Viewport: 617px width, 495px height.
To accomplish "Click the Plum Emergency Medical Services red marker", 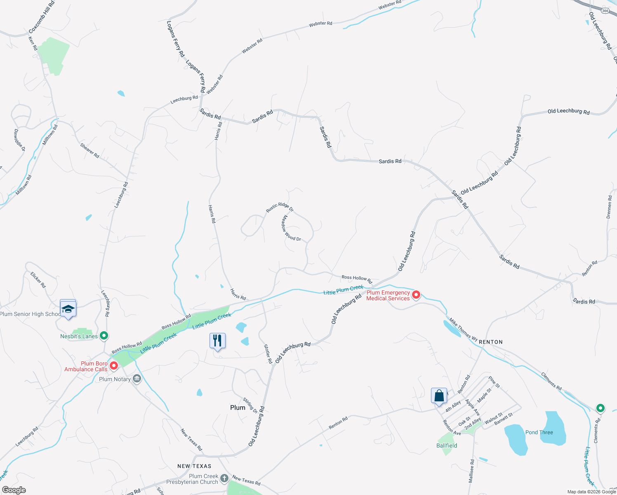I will click(x=416, y=295).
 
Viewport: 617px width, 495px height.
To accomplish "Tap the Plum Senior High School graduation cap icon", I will click(x=68, y=309).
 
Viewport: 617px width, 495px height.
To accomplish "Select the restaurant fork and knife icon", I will click(x=217, y=341).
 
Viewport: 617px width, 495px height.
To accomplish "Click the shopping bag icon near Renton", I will click(x=439, y=396).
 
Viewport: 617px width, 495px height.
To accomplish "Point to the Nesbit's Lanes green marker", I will click(x=104, y=336).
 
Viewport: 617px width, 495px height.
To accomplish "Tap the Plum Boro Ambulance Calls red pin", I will click(x=113, y=365).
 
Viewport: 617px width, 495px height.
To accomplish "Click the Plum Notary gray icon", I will click(x=137, y=379).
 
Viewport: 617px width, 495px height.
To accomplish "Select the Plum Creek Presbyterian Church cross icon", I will click(x=224, y=478).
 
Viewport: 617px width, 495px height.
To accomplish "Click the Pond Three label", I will click(x=539, y=432).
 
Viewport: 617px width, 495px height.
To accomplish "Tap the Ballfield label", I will click(x=447, y=445).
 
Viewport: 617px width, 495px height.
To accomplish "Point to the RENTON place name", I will click(x=491, y=342).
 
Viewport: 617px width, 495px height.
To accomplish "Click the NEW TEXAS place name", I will click(x=194, y=466).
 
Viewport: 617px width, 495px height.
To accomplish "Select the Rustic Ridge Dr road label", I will click(x=280, y=207).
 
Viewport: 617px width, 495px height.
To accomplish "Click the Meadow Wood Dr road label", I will click(x=291, y=228).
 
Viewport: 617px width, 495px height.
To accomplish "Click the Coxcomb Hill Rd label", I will click(x=42, y=17).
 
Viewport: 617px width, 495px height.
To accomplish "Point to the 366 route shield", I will click(x=605, y=11).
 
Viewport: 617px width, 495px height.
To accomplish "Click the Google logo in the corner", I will click(x=14, y=490).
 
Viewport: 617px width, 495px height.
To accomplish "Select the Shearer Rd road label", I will click(x=89, y=151).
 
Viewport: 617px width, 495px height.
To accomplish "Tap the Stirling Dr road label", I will click(x=250, y=405).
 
